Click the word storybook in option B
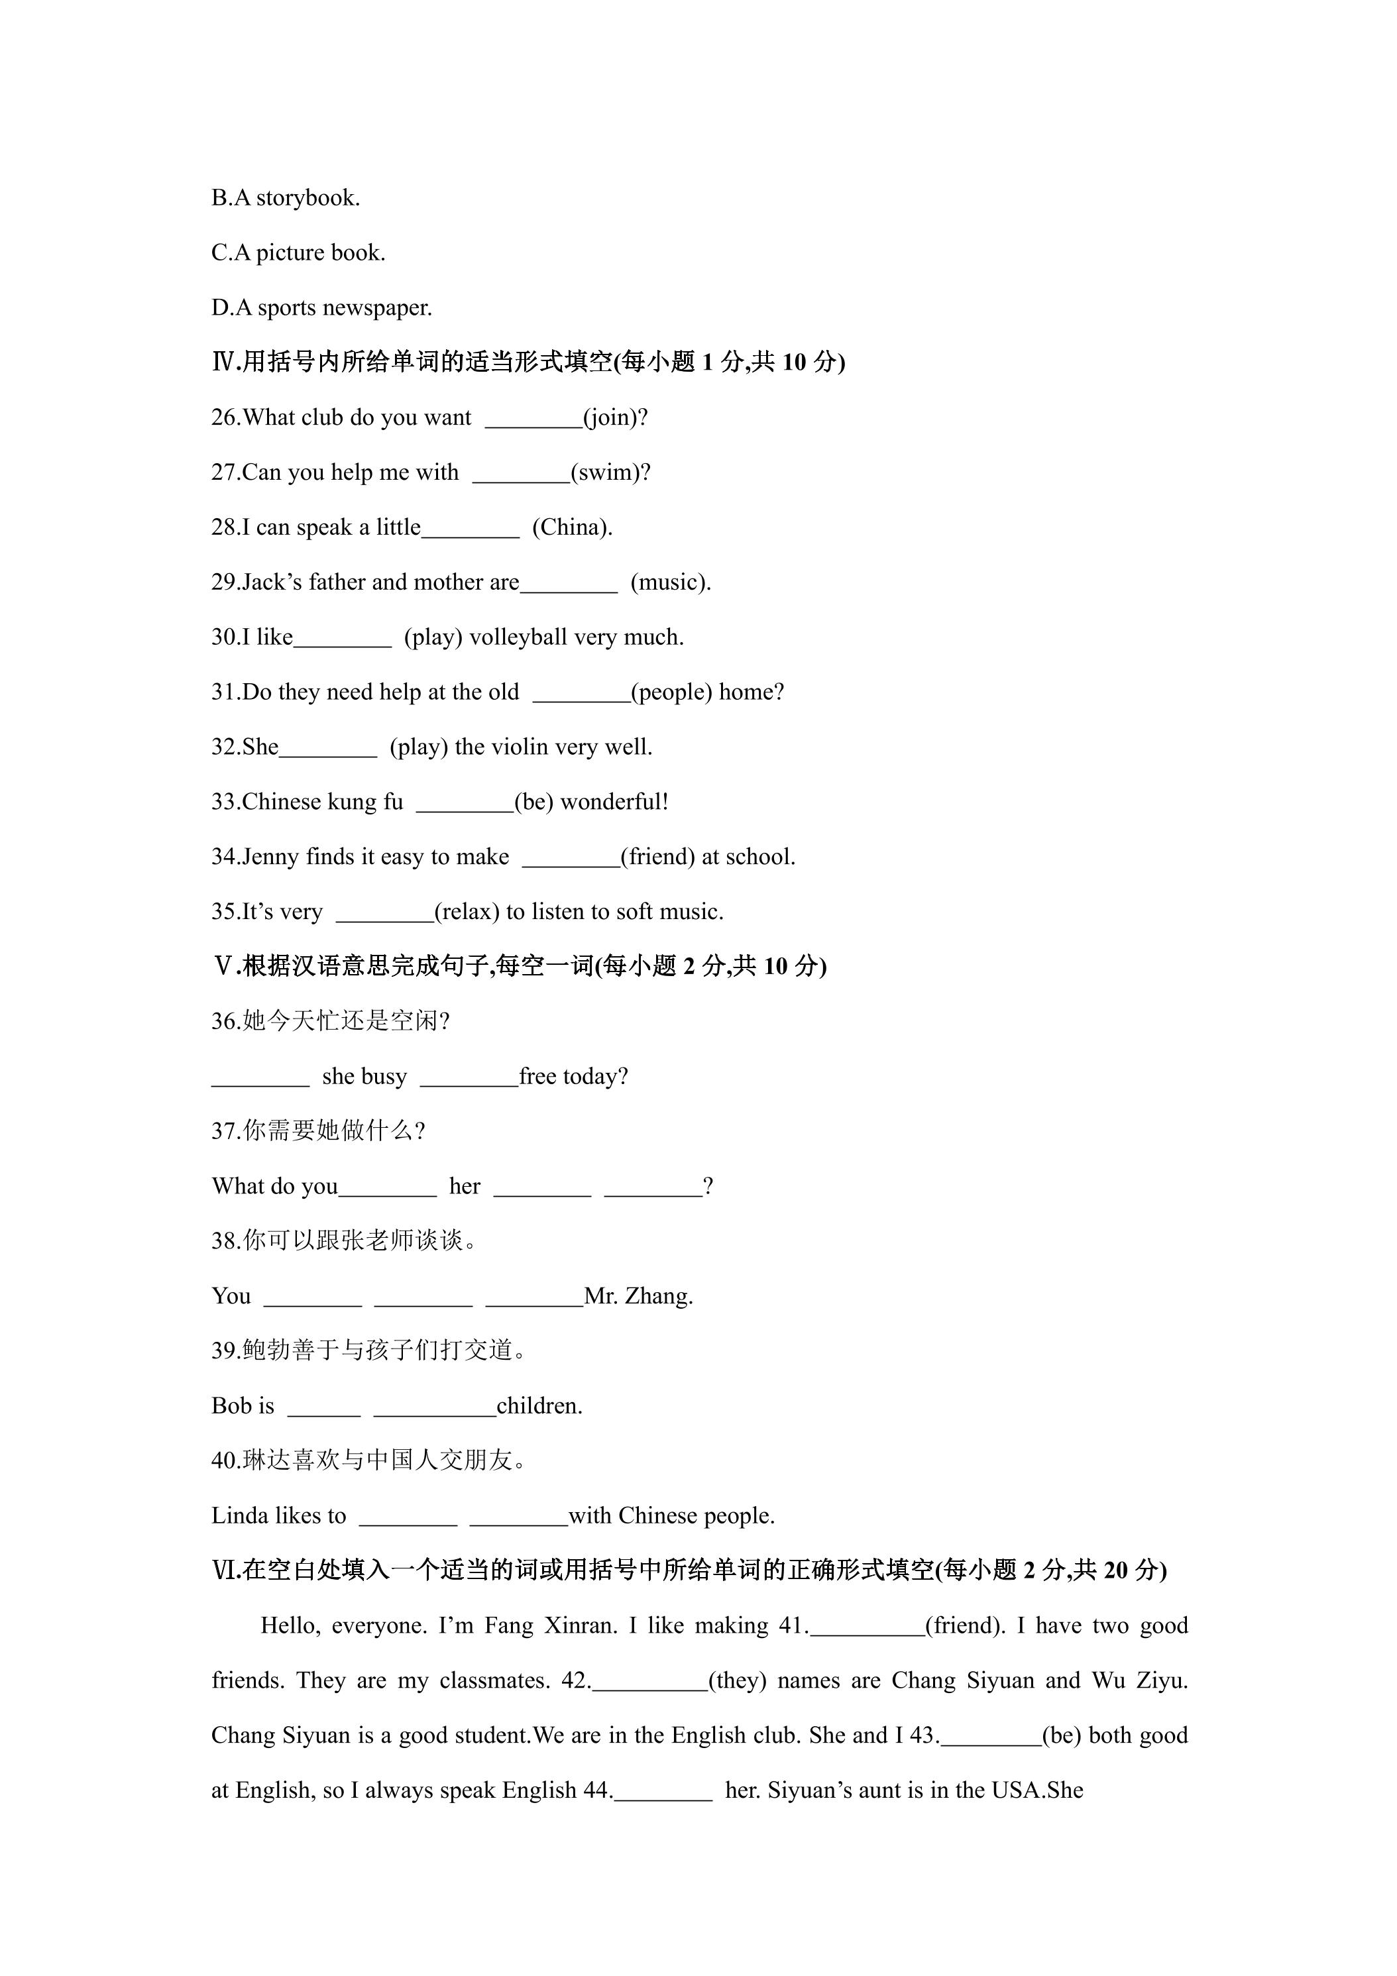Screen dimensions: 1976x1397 (x=307, y=199)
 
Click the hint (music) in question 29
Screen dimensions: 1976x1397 (x=671, y=582)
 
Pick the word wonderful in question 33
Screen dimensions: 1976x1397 (x=614, y=802)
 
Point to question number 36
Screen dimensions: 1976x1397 (x=225, y=1022)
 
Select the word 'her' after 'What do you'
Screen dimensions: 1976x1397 (x=465, y=1187)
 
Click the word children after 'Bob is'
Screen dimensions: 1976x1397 (x=539, y=1406)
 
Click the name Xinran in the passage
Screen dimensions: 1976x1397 (x=580, y=1625)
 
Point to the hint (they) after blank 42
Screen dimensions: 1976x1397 (x=737, y=1681)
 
